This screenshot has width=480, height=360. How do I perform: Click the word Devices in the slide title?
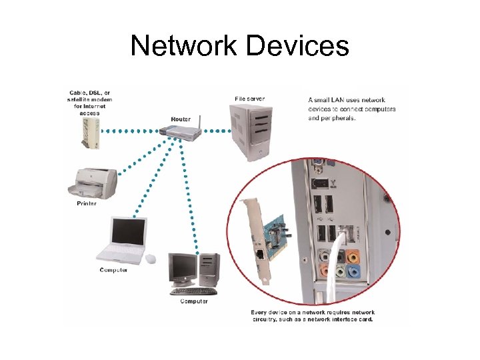tap(297, 46)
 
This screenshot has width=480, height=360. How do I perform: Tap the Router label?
tap(181, 119)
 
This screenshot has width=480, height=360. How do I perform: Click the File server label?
tap(249, 99)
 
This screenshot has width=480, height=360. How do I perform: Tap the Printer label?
tap(87, 203)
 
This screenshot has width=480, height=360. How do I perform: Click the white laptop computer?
tap(123, 240)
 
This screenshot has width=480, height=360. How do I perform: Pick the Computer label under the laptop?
tap(114, 270)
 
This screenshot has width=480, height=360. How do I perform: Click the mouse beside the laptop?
tap(151, 259)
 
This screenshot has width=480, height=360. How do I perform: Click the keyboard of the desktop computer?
tap(193, 291)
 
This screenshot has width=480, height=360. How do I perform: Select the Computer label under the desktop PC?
tap(194, 301)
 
